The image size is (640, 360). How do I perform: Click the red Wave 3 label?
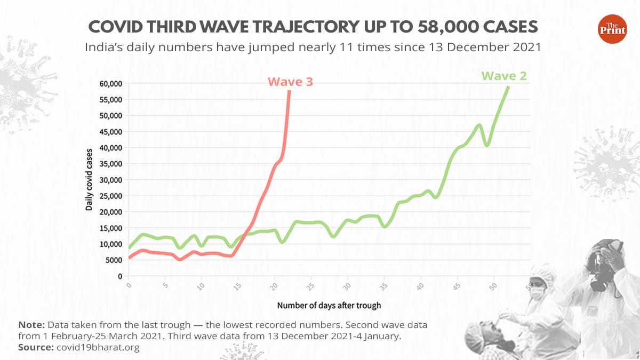[x=290, y=82]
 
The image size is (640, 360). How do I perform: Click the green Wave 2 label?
[x=504, y=76]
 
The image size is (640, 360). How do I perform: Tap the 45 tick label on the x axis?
[x=457, y=287]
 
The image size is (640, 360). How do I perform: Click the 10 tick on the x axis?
[x=201, y=287]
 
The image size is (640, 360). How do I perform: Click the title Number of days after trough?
[x=329, y=306]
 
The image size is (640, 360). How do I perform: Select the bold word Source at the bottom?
[x=35, y=347]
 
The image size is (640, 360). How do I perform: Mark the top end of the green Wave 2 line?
[x=509, y=86]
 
